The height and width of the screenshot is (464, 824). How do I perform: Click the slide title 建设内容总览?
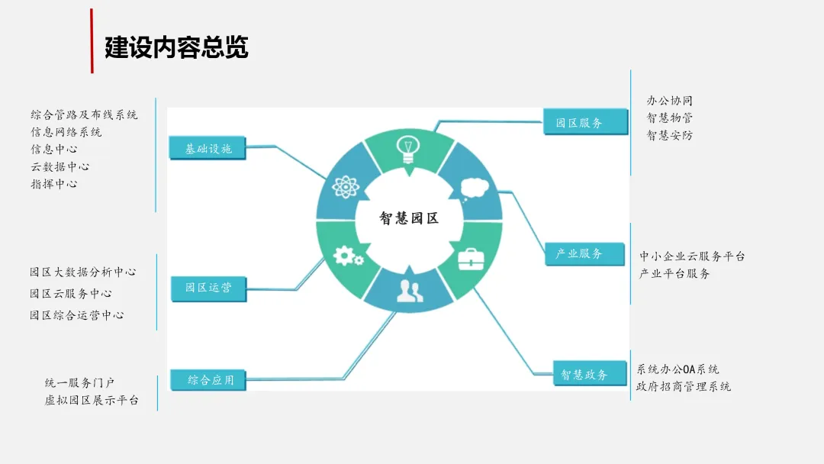(176, 47)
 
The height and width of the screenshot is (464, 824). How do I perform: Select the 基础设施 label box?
(208, 149)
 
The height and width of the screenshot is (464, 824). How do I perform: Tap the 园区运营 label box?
(208, 288)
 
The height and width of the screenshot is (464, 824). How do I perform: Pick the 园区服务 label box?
(579, 122)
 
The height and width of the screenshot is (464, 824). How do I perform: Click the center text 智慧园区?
(410, 218)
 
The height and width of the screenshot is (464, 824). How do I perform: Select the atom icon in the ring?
(345, 187)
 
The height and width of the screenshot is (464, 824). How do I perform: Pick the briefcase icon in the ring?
(469, 259)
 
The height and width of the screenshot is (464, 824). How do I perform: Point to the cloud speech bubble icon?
(475, 186)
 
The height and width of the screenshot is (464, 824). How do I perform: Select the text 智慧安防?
(670, 135)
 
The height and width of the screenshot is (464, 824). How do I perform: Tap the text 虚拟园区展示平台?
(92, 400)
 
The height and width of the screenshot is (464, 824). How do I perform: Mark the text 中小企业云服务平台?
(692, 256)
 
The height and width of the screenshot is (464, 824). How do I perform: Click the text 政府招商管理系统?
(684, 386)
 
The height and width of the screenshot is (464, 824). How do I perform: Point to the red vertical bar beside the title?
(92, 41)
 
